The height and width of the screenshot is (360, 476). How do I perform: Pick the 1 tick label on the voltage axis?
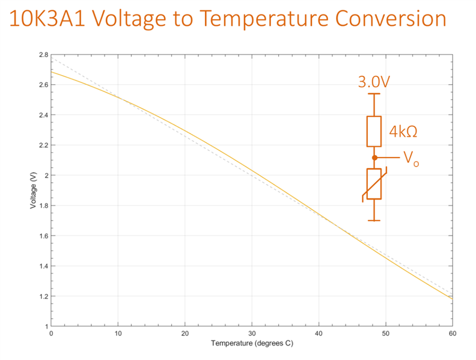(x=45, y=326)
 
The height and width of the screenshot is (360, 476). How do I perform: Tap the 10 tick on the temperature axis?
(x=118, y=333)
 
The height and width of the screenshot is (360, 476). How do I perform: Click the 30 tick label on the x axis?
(x=252, y=333)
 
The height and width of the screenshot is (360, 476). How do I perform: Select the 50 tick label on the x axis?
(x=385, y=333)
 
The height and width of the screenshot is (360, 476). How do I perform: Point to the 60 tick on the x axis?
(x=452, y=333)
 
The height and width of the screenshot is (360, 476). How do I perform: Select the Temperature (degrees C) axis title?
(x=252, y=344)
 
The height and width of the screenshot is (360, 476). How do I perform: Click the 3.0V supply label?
(x=374, y=82)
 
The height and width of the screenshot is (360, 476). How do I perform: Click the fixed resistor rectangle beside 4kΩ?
(x=374, y=131)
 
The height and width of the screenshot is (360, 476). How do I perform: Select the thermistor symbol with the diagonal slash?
(x=374, y=184)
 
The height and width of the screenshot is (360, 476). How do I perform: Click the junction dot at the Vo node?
(x=374, y=157)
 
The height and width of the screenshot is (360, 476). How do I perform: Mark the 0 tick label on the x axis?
(x=51, y=333)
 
